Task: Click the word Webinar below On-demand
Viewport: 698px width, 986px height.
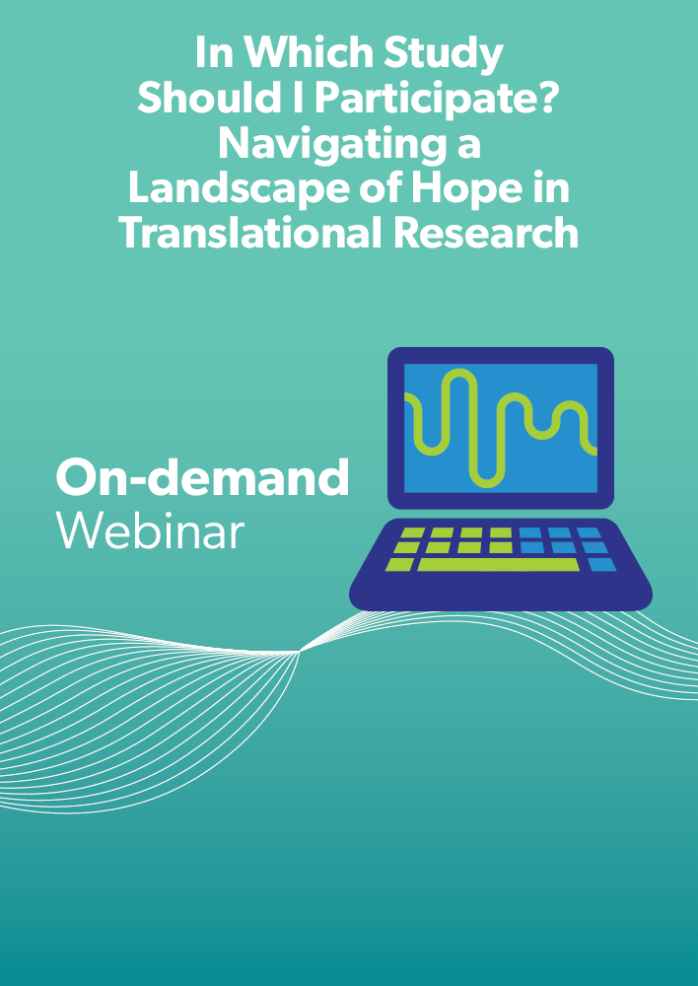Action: [150, 530]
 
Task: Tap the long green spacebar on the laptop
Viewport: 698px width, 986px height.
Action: [498, 565]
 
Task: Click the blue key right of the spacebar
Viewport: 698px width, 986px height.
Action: [601, 565]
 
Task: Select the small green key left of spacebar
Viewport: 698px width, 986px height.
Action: [399, 565]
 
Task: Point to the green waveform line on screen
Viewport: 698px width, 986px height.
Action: [501, 428]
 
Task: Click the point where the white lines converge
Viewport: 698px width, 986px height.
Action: [300, 652]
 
